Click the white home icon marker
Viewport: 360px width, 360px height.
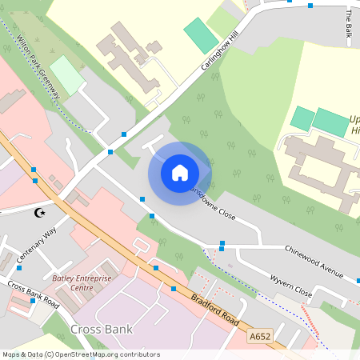click(180, 172)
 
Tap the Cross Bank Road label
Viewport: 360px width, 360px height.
click(34, 294)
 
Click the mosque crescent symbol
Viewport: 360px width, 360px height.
click(38, 213)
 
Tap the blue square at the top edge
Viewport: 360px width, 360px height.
click(310, 6)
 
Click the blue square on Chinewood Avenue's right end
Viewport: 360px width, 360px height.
click(358, 281)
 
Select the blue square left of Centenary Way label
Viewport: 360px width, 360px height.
click(19, 267)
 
